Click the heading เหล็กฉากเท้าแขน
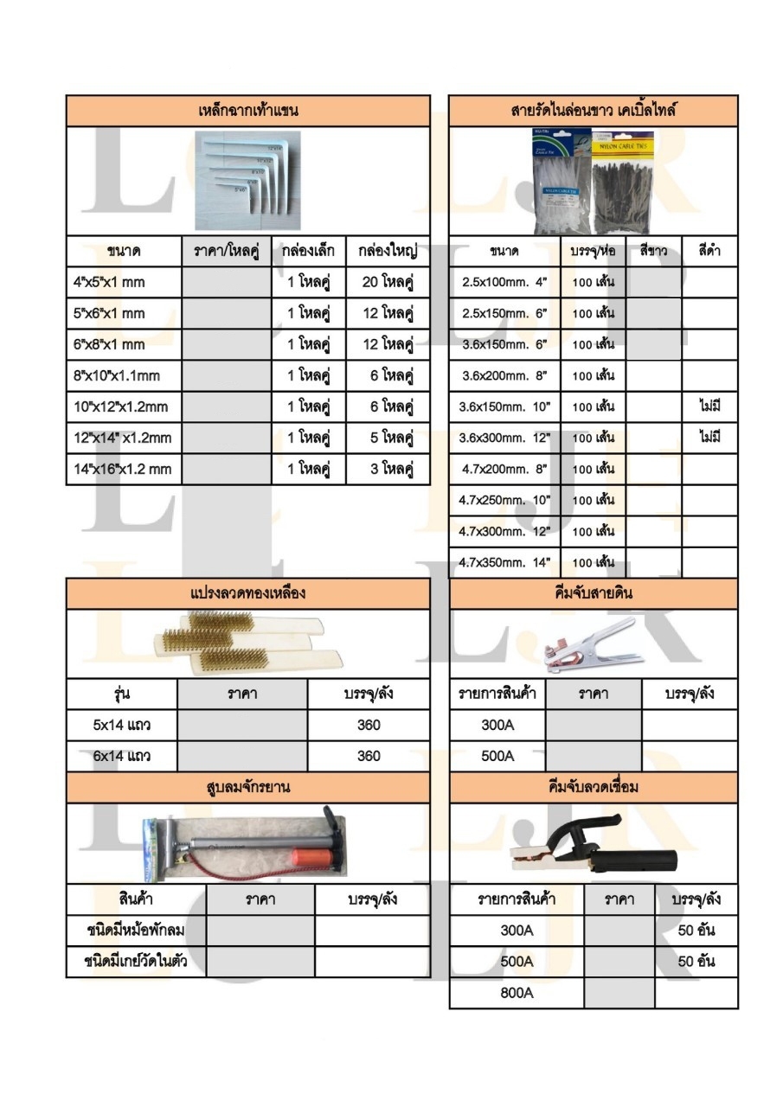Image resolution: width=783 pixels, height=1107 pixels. point(247,111)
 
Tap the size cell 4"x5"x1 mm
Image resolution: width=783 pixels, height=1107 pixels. point(109,282)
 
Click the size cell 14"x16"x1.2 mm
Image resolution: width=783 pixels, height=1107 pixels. point(122,470)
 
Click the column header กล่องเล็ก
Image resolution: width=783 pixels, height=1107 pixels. point(308,252)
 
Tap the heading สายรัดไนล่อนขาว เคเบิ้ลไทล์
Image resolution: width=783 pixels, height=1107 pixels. point(593,111)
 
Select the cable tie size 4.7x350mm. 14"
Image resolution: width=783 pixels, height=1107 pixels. point(504,562)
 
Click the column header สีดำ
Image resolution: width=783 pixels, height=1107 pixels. point(709,252)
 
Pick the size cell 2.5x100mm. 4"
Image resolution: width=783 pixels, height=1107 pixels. point(504,282)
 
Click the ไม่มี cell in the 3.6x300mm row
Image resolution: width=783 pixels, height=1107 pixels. point(709,438)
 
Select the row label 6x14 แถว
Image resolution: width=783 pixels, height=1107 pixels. point(122,756)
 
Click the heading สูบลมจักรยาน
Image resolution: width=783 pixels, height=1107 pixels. point(247,787)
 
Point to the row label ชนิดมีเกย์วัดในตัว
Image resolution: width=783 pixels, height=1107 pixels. point(136,961)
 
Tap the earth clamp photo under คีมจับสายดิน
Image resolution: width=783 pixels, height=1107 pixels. point(588,644)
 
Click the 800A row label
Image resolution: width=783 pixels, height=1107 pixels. point(517,993)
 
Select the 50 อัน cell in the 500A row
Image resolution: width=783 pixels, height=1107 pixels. point(696,961)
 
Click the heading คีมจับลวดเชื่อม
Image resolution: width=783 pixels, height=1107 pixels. point(593,787)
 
